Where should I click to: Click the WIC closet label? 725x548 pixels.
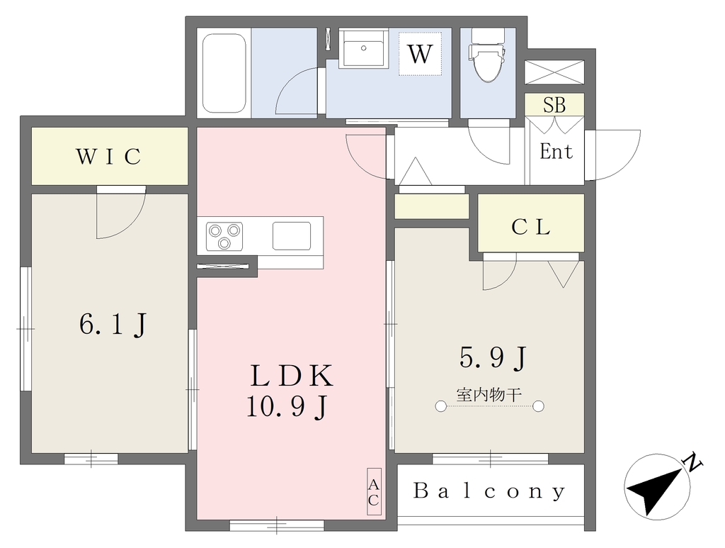[x=108, y=157]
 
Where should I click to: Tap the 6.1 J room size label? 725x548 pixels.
[x=113, y=324]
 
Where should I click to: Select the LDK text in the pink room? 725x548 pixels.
[x=291, y=375]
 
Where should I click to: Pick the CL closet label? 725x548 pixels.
[x=531, y=227]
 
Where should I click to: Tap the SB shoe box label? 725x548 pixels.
[x=554, y=105]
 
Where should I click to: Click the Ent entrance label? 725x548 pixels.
[x=556, y=151]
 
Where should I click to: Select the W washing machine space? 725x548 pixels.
[x=421, y=54]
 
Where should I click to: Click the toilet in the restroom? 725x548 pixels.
[x=487, y=55]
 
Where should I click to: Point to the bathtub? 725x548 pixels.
[x=224, y=73]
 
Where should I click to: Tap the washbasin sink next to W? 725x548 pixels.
[x=363, y=49]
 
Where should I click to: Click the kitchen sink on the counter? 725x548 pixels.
[x=291, y=236]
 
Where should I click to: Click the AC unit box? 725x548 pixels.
[x=374, y=491]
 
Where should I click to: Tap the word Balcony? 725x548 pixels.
[x=489, y=491]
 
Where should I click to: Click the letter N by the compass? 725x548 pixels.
[x=692, y=462]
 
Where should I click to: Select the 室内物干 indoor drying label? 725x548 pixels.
[x=489, y=395]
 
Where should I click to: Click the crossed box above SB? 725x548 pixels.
[x=554, y=72]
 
